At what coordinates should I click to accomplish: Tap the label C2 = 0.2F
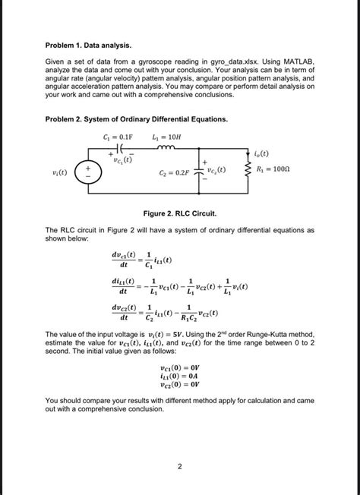pyautogui.click(x=176, y=173)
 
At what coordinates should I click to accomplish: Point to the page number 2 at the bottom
pyautogui.click(x=180, y=466)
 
